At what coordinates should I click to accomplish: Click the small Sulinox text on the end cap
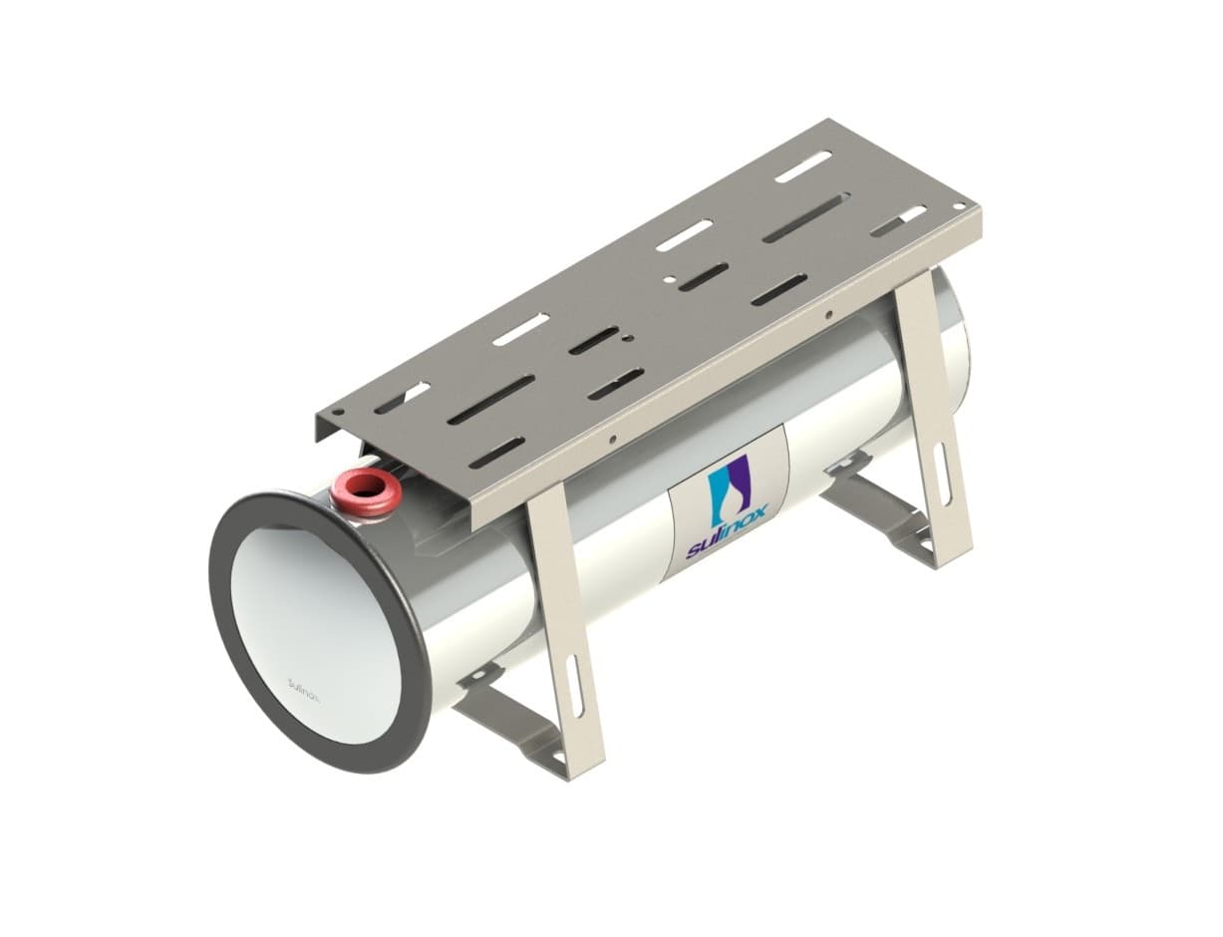[304, 691]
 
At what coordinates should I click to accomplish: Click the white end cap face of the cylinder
[315, 635]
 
